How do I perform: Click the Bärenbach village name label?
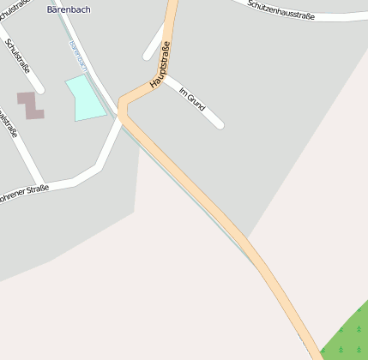click(68, 9)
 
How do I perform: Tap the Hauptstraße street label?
click(160, 64)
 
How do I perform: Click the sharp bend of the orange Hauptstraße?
click(123, 105)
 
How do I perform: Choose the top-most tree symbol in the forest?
click(359, 309)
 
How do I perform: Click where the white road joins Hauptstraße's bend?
click(122, 117)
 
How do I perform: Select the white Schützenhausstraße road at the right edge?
click(343, 15)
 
